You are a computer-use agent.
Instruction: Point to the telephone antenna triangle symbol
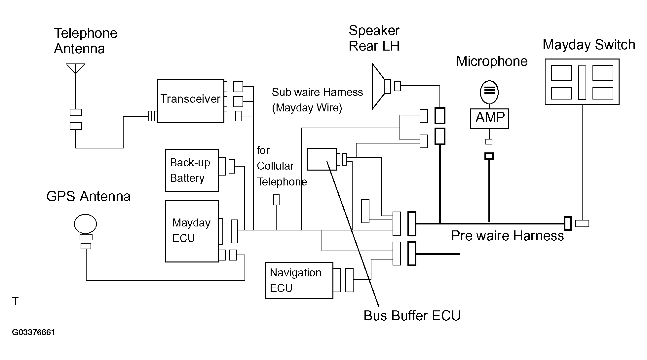(x=76, y=68)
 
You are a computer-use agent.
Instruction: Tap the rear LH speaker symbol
(x=379, y=86)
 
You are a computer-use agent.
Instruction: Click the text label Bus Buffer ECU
(x=412, y=316)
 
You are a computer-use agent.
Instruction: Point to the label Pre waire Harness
(x=508, y=236)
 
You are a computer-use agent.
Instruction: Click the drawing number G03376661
(x=33, y=332)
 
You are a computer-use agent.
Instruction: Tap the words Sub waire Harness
(x=317, y=92)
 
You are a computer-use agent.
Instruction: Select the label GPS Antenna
(x=88, y=196)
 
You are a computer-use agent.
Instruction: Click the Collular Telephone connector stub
(x=276, y=200)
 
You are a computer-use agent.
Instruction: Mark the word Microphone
(x=492, y=61)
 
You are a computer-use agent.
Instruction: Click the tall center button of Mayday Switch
(x=582, y=82)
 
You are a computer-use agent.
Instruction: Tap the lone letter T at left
(x=15, y=301)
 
